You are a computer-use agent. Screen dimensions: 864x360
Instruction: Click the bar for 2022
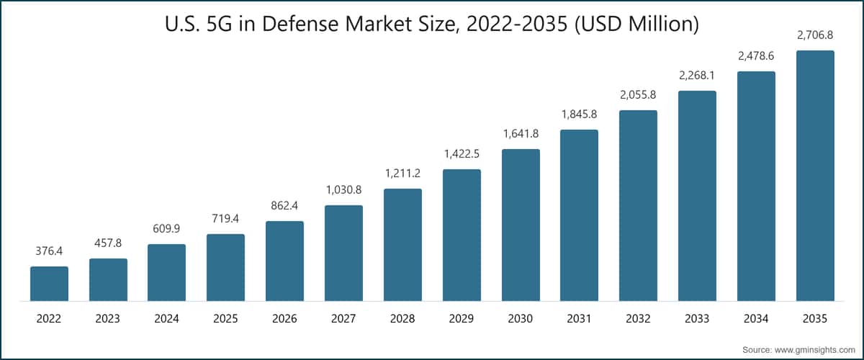(50, 284)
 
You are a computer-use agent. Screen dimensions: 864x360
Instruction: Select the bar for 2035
(815, 176)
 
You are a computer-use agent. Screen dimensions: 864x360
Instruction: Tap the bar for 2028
(402, 245)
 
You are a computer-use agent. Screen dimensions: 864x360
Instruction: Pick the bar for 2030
(521, 225)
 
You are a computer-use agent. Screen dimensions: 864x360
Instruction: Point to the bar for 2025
(225, 267)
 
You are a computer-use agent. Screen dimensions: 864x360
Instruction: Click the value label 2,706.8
(815, 35)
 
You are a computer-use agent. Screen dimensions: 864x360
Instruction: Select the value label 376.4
(49, 251)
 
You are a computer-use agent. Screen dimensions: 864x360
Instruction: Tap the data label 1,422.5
(462, 154)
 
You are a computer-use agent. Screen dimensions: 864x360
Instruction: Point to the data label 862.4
(284, 206)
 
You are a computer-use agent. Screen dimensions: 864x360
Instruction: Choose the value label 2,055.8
(638, 95)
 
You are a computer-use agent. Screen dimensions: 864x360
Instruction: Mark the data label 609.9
(166, 229)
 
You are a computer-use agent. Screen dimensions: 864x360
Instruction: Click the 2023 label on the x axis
(107, 319)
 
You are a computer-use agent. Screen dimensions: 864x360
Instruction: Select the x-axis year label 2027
(343, 319)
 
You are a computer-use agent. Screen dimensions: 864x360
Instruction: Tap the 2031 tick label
(579, 319)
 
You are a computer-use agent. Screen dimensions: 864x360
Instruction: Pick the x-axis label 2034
(756, 319)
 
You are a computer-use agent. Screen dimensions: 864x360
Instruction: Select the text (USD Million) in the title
(636, 24)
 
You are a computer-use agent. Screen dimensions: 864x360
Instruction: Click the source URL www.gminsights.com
(814, 350)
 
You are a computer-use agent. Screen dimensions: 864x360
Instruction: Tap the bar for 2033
(698, 196)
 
